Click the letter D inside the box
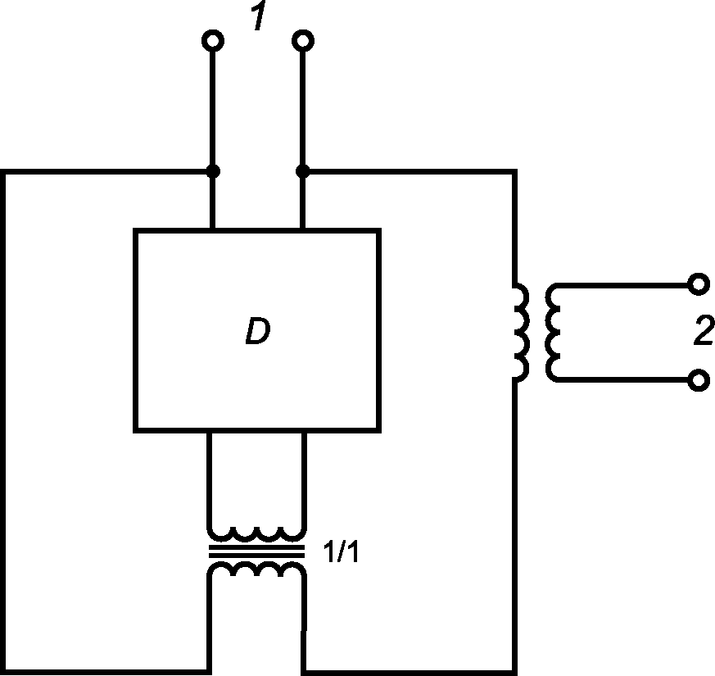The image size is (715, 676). (x=258, y=331)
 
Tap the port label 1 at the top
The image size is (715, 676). (x=260, y=16)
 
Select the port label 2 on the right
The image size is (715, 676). (x=704, y=329)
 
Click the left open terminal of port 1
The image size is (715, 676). (x=213, y=41)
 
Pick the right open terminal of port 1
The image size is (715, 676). (x=303, y=41)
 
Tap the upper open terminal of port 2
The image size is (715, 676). (x=699, y=284)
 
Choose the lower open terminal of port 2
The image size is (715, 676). (x=699, y=380)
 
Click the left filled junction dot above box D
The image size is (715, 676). (x=213, y=171)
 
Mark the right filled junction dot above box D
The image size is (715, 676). (x=303, y=171)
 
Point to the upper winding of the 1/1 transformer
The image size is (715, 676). (x=256, y=533)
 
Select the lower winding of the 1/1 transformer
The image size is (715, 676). (x=256, y=569)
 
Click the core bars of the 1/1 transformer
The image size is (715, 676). (x=256, y=551)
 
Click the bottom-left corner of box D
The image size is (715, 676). (x=135, y=431)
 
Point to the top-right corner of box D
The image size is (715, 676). (x=379, y=230)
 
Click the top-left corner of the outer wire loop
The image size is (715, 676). (x=2, y=171)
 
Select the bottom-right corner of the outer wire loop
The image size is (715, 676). (x=515, y=673)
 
